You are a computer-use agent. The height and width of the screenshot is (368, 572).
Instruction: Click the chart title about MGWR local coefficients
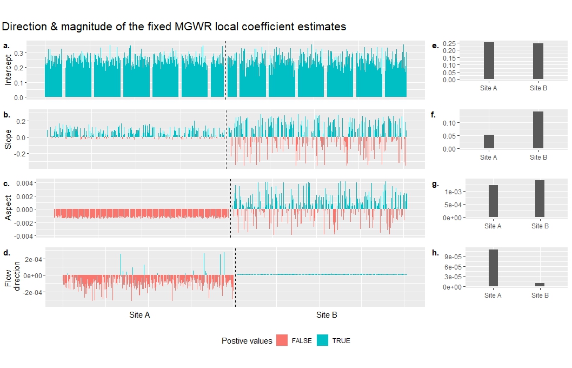(174, 27)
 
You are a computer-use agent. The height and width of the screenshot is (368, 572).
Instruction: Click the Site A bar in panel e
(489, 61)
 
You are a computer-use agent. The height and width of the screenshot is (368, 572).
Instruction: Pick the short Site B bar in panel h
(540, 285)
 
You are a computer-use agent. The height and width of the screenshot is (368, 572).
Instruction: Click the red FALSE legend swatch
(282, 340)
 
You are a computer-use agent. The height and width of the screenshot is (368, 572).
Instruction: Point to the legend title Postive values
(247, 341)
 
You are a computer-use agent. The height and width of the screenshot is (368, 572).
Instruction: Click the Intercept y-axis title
(8, 70)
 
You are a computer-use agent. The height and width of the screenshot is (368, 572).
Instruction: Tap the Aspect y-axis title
(8, 208)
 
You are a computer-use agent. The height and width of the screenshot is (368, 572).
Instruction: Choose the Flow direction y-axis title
(12, 276)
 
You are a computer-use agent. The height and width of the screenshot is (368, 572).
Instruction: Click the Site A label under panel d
(139, 315)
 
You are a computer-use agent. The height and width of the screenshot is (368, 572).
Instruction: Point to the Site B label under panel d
(327, 315)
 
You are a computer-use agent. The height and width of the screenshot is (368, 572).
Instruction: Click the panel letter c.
(6, 184)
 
